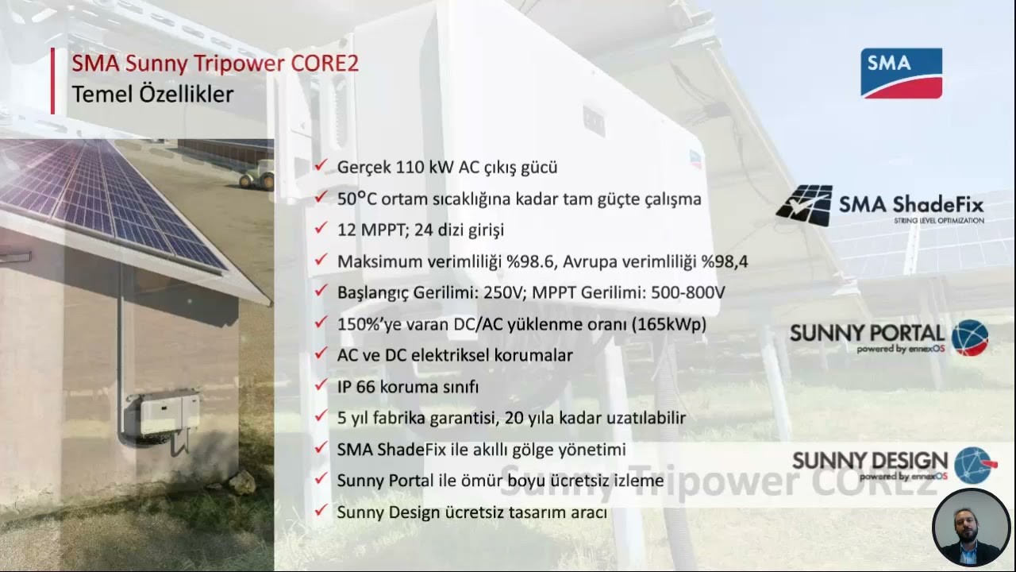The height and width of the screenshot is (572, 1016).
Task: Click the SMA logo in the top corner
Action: coord(901,73)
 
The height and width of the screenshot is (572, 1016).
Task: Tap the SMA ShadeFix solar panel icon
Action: coord(803,206)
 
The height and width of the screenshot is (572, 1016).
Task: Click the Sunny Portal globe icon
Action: coord(969,338)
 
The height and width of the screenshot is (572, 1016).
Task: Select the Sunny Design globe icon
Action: coord(974,466)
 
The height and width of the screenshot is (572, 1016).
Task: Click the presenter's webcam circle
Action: coord(971,528)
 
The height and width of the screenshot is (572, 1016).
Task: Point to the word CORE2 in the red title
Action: coord(324,64)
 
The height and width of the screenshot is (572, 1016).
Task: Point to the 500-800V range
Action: coord(687,292)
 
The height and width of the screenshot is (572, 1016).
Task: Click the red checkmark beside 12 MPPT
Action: coord(321,229)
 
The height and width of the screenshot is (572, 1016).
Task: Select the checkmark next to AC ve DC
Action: coord(321,354)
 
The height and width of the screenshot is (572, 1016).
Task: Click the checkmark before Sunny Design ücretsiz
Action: coord(321,512)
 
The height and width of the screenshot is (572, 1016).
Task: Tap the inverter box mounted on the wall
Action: coord(169,413)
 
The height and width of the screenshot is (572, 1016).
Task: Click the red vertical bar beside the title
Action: coord(53,80)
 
